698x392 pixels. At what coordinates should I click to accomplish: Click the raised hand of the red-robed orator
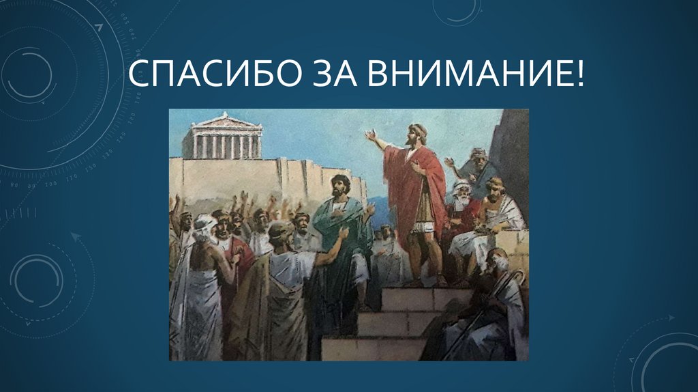click(x=370, y=135)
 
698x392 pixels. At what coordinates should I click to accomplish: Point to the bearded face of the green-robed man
click(x=340, y=186)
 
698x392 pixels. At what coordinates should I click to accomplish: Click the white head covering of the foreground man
click(x=204, y=225)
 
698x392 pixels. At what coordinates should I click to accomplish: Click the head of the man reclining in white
click(x=496, y=186)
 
